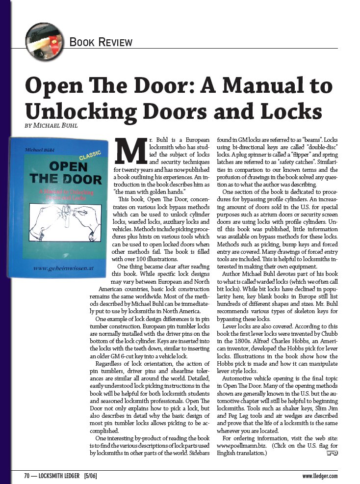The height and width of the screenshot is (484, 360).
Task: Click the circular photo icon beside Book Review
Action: click(43, 37)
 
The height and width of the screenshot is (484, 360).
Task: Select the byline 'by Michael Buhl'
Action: click(53, 125)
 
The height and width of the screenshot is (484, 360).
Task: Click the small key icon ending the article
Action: click(332, 453)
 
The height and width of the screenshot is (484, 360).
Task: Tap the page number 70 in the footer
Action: click(28, 476)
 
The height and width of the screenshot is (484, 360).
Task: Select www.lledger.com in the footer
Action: click(320, 476)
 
